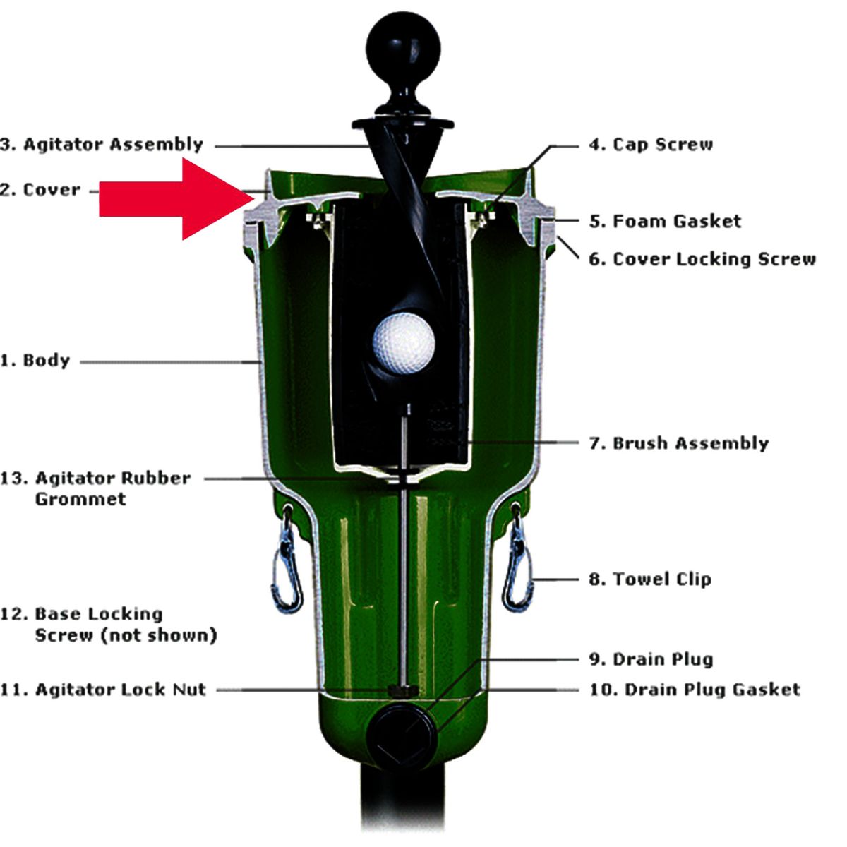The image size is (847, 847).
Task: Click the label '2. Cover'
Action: coord(40,190)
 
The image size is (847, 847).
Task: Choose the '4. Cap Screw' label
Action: coord(651,145)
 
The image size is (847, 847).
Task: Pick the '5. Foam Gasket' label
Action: coord(665,222)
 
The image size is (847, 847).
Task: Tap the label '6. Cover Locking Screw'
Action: coord(702,259)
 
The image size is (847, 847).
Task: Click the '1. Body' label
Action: coord(35,361)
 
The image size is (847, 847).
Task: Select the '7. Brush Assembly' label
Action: coord(679,443)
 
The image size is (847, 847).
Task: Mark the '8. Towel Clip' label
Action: coord(650,579)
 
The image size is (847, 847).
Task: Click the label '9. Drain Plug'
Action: coord(651,659)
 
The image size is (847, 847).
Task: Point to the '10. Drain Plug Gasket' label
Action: coord(695,690)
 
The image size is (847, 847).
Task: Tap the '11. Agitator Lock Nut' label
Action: coord(103,690)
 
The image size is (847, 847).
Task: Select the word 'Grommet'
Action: coord(80,499)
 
